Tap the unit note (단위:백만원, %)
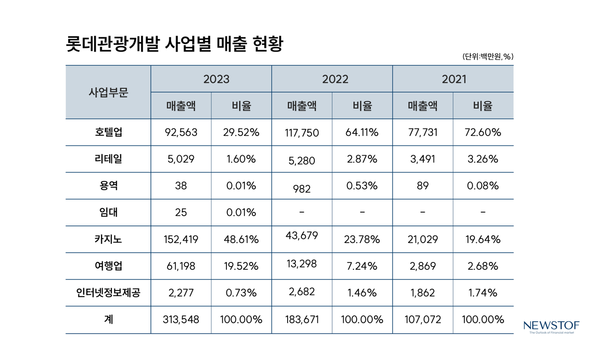click(x=488, y=57)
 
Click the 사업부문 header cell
click(x=108, y=92)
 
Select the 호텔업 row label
click(x=108, y=133)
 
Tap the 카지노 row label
click(x=108, y=239)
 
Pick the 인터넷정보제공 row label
click(x=108, y=293)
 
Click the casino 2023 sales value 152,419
click(x=181, y=239)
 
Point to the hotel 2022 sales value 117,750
click(x=302, y=134)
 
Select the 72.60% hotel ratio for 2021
click(x=483, y=133)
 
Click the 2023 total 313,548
click(x=181, y=319)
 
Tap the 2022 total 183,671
click(x=302, y=319)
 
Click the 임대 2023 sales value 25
click(x=181, y=213)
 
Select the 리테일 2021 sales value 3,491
click(x=422, y=159)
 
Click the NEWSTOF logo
click(x=551, y=327)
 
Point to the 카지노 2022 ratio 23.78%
click(x=362, y=239)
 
